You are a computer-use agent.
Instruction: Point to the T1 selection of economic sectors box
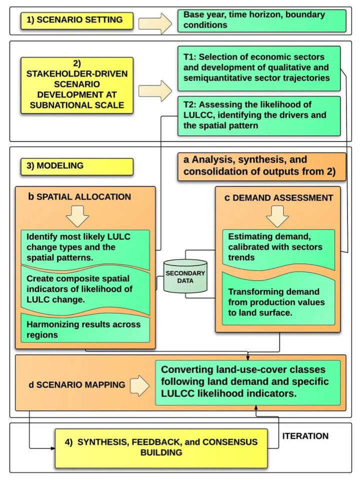[258, 67]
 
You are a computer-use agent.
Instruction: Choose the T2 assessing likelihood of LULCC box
[258, 115]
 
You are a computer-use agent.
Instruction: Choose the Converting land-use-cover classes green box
[247, 381]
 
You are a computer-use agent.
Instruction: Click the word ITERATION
[305, 436]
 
